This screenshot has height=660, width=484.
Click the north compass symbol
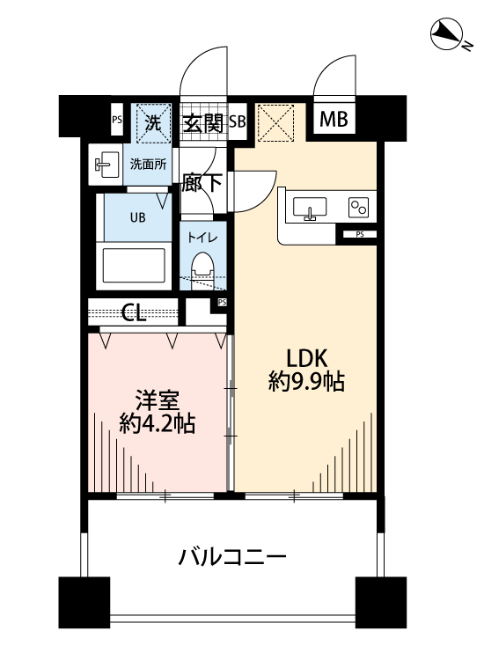pyautogui.click(x=448, y=35)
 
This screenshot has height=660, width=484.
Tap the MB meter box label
pyautogui.click(x=332, y=120)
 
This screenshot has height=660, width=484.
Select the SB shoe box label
pyautogui.click(x=237, y=122)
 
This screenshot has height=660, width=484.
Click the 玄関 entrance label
pyautogui.click(x=202, y=122)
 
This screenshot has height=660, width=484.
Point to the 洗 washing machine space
pyautogui.click(x=153, y=123)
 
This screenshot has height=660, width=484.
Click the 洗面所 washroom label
pyautogui.click(x=148, y=164)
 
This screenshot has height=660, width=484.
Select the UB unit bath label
pyautogui.click(x=138, y=216)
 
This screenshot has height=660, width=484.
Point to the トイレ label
pyautogui.click(x=204, y=237)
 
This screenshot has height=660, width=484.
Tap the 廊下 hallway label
pyautogui.click(x=202, y=185)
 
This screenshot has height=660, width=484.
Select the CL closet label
pyautogui.click(x=135, y=312)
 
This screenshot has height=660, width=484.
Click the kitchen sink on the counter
pyautogui.click(x=309, y=209)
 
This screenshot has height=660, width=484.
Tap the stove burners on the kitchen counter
pyautogui.click(x=358, y=208)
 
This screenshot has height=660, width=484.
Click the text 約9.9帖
pyautogui.click(x=306, y=382)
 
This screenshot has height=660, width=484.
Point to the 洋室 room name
pyautogui.click(x=158, y=400)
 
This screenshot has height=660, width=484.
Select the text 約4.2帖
pyautogui.click(x=158, y=423)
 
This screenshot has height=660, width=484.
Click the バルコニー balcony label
pyautogui.click(x=232, y=556)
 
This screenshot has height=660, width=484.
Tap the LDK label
pyautogui.click(x=305, y=358)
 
